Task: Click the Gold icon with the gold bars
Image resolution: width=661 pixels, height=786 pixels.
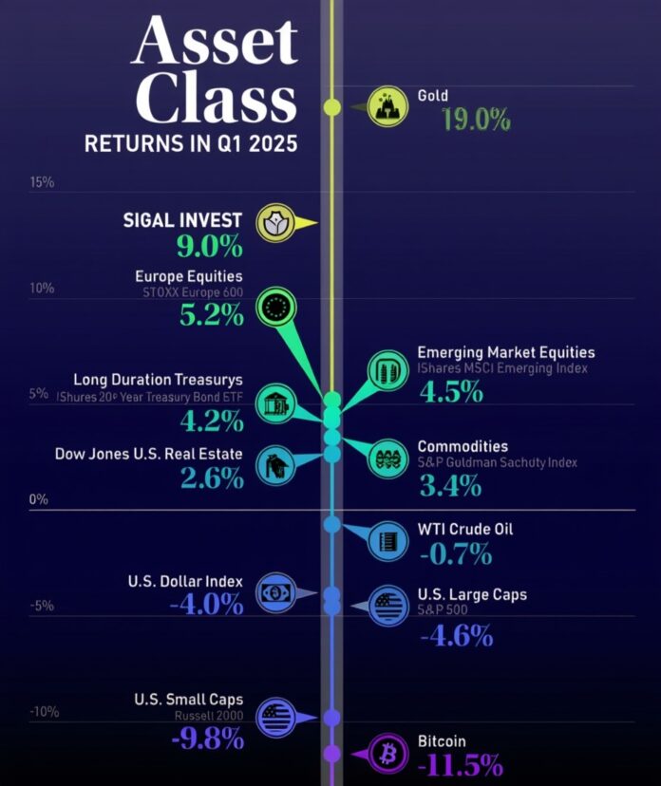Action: point(388,106)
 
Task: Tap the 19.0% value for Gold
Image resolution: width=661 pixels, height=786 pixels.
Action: point(476,121)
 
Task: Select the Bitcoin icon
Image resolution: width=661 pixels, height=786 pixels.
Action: point(387,755)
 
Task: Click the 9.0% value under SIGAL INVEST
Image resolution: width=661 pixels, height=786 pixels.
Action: point(209,247)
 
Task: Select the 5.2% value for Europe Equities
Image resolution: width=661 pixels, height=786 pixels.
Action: point(211,314)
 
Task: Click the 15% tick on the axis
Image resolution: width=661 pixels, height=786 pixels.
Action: point(42,182)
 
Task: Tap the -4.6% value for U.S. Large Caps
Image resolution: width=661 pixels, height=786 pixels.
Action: point(456,635)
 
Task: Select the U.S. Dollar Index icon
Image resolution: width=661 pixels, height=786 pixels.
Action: point(275,594)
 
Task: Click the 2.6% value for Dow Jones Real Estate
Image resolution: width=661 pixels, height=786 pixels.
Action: point(210,478)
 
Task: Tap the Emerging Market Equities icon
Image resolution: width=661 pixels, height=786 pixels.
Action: point(388,369)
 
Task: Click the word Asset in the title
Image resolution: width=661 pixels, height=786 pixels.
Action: point(215,43)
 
